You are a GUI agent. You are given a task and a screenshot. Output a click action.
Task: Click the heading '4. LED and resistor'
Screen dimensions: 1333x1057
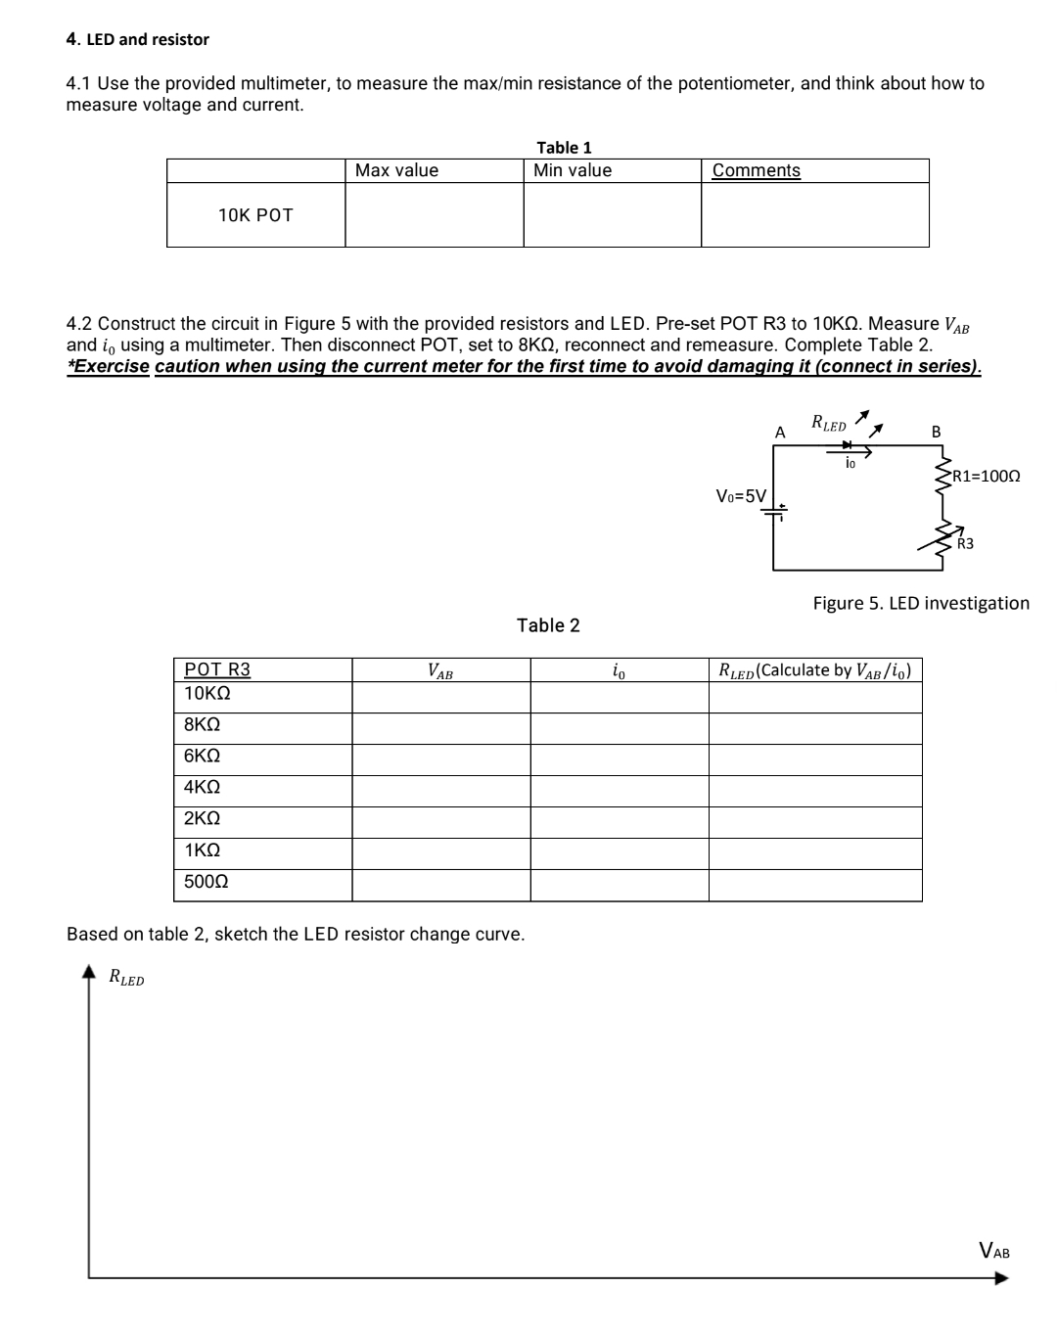pyautogui.click(x=137, y=39)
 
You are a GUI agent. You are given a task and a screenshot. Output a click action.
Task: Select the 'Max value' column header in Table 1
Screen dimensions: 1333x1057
pyautogui.click(x=396, y=170)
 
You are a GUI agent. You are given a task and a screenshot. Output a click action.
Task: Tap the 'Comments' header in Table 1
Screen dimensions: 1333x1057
pyautogui.click(x=756, y=170)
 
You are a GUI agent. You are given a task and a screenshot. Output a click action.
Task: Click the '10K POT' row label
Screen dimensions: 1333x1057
pyautogui.click(x=255, y=215)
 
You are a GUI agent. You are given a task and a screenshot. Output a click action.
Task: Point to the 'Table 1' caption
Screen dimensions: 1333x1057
pyautogui.click(x=564, y=148)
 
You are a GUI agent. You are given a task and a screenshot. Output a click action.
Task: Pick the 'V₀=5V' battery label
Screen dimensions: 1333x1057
pyautogui.click(x=741, y=495)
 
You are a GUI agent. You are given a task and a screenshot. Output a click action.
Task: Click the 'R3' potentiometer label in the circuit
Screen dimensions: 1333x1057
pyautogui.click(x=965, y=544)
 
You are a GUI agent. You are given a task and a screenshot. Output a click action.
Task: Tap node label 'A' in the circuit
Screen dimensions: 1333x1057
pyautogui.click(x=780, y=432)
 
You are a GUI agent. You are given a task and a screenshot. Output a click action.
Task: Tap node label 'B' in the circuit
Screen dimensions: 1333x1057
pyautogui.click(x=936, y=432)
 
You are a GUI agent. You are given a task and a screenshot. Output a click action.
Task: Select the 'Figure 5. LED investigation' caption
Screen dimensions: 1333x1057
pyautogui.click(x=921, y=603)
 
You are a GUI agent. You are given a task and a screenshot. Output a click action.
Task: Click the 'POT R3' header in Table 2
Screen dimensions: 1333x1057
pyautogui.click(x=217, y=669)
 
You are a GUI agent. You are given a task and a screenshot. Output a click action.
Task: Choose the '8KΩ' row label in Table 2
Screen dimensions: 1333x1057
pyautogui.click(x=202, y=725)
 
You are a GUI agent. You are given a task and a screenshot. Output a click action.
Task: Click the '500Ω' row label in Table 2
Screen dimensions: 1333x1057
pyautogui.click(x=207, y=882)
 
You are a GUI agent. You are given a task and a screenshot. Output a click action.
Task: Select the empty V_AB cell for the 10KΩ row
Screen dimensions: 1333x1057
pyautogui.click(x=440, y=697)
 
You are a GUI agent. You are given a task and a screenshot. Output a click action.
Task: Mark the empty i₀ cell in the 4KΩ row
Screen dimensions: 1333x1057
pyautogui.click(x=619, y=791)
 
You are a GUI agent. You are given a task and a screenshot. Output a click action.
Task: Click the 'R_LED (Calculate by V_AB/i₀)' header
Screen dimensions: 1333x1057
pyautogui.click(x=815, y=670)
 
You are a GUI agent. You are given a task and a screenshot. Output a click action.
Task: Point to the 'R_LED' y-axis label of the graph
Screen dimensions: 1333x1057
pyautogui.click(x=126, y=977)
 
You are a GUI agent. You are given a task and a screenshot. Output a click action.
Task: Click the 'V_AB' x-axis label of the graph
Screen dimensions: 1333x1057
pyautogui.click(x=994, y=1251)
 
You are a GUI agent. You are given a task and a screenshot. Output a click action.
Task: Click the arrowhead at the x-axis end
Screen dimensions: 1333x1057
pyautogui.click(x=1000, y=1277)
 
